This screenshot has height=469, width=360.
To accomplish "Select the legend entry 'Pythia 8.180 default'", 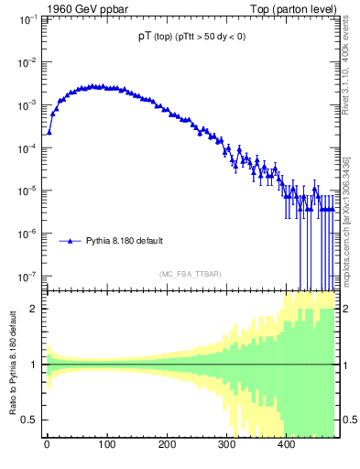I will (125, 242).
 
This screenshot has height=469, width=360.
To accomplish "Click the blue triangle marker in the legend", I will (70, 242).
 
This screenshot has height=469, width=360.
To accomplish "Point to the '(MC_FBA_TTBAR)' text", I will (190, 274).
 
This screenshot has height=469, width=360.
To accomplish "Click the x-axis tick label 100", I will (106, 446).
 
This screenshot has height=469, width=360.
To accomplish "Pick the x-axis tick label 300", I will (226, 446).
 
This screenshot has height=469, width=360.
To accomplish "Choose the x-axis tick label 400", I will (286, 446).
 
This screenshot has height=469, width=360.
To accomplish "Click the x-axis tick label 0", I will (47, 446).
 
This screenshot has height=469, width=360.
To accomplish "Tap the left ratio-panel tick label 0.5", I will (30, 420).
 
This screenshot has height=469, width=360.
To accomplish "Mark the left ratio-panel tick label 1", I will (35, 365).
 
